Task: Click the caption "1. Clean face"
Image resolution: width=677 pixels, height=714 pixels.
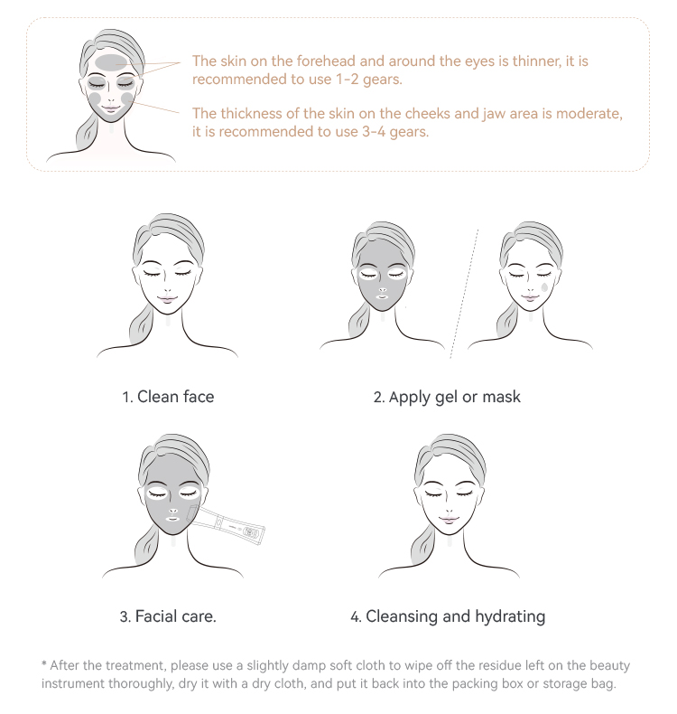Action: coord(168,397)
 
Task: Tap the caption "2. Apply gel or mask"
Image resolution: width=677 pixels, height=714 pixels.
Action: coord(447,397)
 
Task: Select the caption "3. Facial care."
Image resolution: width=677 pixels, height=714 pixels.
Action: coord(168,617)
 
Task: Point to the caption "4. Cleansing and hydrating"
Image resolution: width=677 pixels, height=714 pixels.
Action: coord(448,617)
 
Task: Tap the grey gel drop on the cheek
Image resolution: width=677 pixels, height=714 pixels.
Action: coord(546,287)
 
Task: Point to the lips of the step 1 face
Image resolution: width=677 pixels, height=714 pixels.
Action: coord(169,298)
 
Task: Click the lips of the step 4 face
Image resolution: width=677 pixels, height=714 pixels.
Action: coord(450,519)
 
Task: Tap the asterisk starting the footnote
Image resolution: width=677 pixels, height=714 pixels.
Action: coord(44,664)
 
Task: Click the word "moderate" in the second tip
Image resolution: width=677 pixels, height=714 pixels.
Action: coord(589,114)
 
